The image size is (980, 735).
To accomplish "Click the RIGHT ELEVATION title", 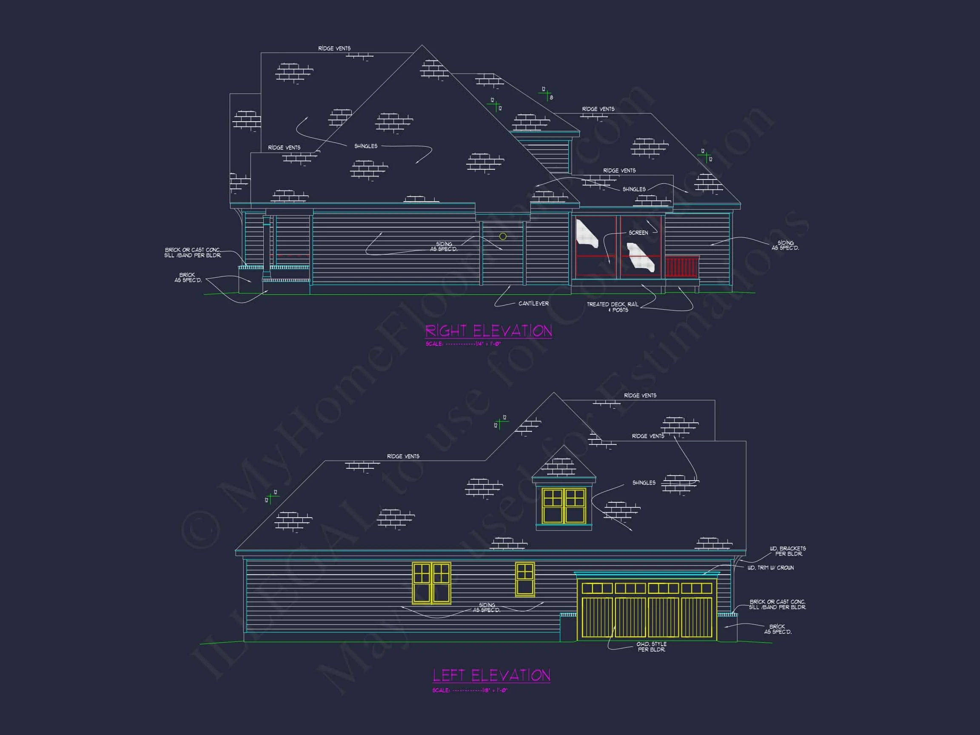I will click(488, 331).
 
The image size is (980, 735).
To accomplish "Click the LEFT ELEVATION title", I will click(491, 675).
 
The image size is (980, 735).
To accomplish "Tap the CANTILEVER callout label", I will click(533, 303).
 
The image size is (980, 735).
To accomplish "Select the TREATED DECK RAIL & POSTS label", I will click(613, 307).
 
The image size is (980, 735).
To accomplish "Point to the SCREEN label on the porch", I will click(638, 233).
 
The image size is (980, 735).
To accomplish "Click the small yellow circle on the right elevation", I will click(503, 236).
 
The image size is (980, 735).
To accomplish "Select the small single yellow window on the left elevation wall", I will click(524, 579).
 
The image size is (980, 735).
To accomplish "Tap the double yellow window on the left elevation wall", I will click(432, 583).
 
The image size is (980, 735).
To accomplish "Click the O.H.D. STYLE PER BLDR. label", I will click(651, 647).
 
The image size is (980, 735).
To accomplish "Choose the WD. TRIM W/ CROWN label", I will click(770, 567).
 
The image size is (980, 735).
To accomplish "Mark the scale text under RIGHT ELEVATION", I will click(464, 344).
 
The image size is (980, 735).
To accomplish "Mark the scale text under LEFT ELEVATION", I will click(470, 690).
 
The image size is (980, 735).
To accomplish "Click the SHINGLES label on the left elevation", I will click(644, 482).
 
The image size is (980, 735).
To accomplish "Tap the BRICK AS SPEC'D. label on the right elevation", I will click(188, 278).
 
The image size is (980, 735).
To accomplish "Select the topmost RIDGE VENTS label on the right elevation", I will click(334, 48).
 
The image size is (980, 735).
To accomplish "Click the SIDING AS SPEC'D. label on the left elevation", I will click(487, 607).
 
